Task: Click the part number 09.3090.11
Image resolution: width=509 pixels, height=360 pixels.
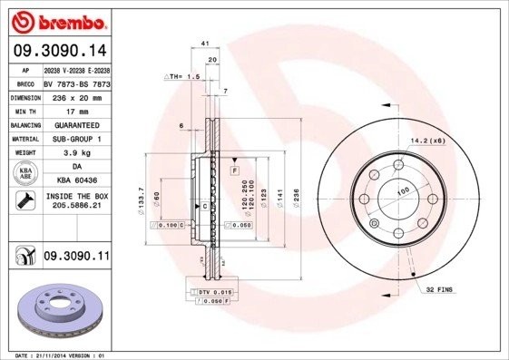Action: tap(76, 258)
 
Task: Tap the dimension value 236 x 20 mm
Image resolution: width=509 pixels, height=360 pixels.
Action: tap(76, 95)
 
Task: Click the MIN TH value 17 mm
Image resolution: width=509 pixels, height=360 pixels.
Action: tap(76, 110)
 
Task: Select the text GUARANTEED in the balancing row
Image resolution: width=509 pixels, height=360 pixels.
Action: tap(76, 124)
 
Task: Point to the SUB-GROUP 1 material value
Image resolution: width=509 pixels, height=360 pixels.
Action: tap(76, 139)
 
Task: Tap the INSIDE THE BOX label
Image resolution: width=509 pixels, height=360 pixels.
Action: tap(76, 196)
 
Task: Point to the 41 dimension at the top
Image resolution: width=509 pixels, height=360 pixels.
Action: tap(205, 44)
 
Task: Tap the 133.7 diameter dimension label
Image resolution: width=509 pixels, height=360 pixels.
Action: tap(140, 199)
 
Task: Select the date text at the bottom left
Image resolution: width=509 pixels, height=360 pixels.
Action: tap(56, 355)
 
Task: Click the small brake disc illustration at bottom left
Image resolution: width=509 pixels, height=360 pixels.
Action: tap(57, 309)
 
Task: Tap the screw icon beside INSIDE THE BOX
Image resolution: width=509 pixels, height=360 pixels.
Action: tap(24, 200)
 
